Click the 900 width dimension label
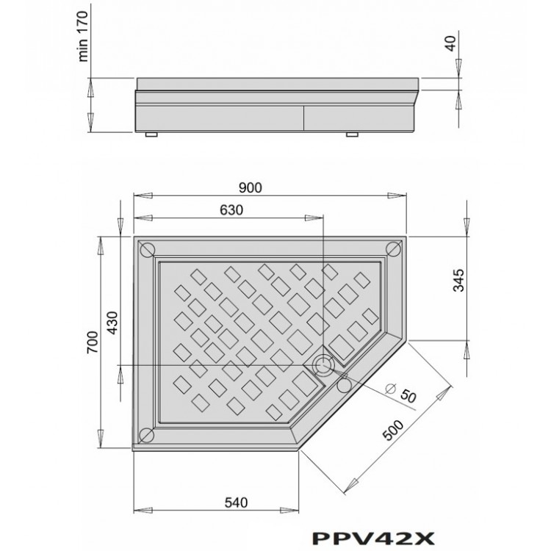(x=251, y=187)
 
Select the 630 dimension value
(x=231, y=209)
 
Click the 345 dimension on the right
(x=458, y=282)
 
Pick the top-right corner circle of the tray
(x=392, y=249)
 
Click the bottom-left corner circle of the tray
(x=145, y=433)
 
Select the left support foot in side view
(x=152, y=135)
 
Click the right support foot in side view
(x=351, y=135)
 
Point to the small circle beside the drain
(x=344, y=383)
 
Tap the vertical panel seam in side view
(x=303, y=118)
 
